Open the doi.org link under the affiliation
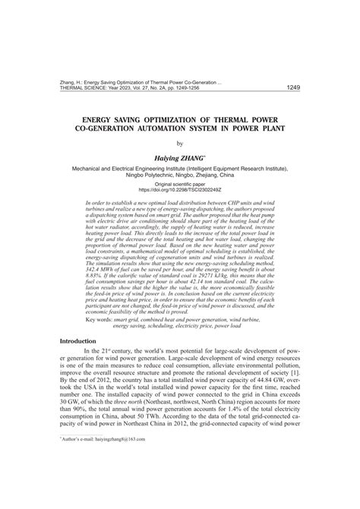[x=180, y=190]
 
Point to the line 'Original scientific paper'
[x=180, y=184]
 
